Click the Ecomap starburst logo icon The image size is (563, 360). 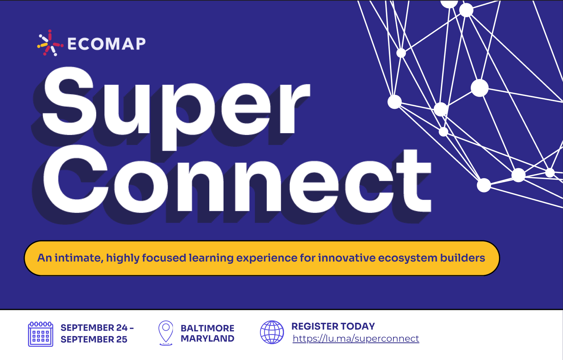(x=50, y=43)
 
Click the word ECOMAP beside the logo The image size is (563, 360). (x=107, y=44)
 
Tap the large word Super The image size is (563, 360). (x=176, y=108)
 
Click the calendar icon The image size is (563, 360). (x=40, y=334)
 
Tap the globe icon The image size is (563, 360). (x=272, y=332)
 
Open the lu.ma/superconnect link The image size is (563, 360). (x=356, y=339)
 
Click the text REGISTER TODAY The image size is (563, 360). (x=333, y=326)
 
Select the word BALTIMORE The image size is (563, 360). (x=207, y=328)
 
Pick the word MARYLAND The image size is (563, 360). (x=207, y=339)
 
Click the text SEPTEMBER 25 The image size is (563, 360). (x=94, y=339)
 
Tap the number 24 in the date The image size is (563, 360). (x=122, y=327)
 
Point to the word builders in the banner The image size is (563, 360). (x=462, y=258)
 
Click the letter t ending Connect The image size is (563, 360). (x=414, y=181)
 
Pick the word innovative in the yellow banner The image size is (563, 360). (x=347, y=258)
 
